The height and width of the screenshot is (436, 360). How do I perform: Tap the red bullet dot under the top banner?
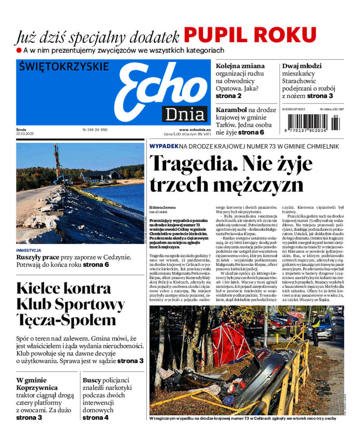tap(19, 50)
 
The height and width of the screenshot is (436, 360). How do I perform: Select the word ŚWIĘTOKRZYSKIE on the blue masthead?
tap(64, 67)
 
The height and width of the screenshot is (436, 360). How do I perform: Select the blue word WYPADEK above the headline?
tap(163, 146)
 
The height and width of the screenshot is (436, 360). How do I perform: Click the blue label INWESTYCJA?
tap(29, 250)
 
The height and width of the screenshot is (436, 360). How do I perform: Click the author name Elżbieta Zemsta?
tap(163, 207)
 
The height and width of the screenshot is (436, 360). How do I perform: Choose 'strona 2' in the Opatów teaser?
tap(229, 96)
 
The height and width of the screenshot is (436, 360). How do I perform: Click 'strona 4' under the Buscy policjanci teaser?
tap(95, 417)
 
